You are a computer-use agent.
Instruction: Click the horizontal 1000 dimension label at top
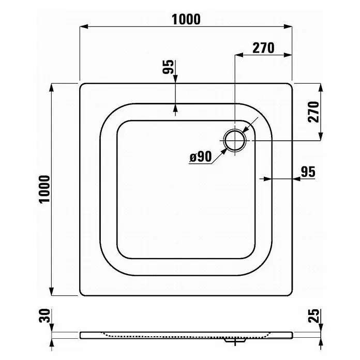(186, 19)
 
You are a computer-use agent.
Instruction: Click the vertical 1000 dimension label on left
(44, 189)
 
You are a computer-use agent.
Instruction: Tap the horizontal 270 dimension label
(263, 48)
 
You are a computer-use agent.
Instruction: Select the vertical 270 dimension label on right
(313, 112)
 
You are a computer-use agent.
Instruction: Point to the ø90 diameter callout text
(201, 157)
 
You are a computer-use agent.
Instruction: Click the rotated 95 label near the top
(168, 67)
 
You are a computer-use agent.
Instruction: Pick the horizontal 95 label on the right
(308, 172)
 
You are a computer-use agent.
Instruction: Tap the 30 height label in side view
(44, 316)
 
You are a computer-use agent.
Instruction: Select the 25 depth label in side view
(313, 316)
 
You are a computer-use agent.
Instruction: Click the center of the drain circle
(235, 140)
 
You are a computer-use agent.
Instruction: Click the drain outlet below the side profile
(235, 340)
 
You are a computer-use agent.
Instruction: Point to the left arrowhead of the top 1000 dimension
(84, 26)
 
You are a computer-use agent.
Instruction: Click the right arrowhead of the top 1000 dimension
(288, 26)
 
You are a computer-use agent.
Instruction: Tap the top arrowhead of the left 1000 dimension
(52, 88)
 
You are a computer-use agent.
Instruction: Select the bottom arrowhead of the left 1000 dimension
(52, 291)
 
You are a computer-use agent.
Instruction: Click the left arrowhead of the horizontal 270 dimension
(239, 55)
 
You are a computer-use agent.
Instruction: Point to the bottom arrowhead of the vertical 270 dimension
(321, 136)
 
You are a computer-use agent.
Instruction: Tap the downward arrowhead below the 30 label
(52, 327)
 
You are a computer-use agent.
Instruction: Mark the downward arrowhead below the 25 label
(321, 327)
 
